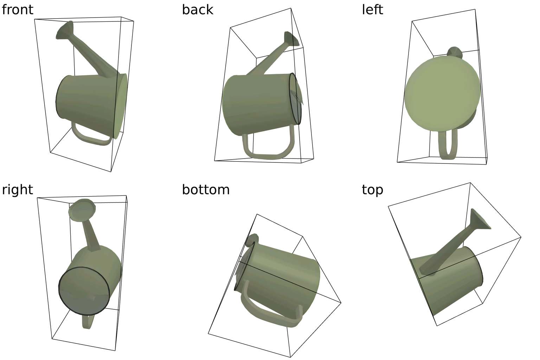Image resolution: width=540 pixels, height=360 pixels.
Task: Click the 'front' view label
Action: [x=17, y=9]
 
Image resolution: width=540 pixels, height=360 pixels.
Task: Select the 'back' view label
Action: [x=198, y=9]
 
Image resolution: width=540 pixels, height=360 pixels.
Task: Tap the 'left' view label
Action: [x=372, y=9]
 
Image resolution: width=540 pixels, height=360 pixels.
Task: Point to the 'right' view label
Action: [x=17, y=190]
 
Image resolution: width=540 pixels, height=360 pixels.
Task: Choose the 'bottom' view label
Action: [x=206, y=189]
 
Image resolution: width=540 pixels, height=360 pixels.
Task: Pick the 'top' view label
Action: [x=372, y=190]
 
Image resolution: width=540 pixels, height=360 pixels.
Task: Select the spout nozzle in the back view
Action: [x=291, y=39]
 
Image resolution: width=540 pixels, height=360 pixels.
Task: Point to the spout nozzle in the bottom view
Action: [x=252, y=240]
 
